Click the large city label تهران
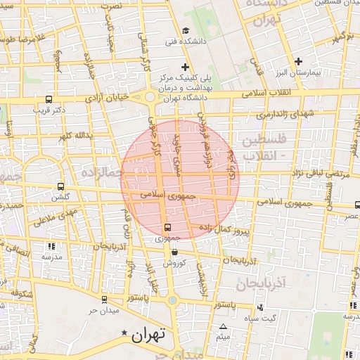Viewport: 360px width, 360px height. click(x=148, y=335)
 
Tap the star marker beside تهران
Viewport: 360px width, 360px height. click(x=124, y=333)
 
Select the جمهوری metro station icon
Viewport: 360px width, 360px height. click(x=167, y=227)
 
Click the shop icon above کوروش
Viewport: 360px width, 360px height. click(x=174, y=252)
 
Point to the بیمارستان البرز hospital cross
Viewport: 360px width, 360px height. click(x=299, y=60)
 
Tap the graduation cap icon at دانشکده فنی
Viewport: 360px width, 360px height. click(x=185, y=30)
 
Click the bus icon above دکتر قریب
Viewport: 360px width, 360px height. click(x=48, y=99)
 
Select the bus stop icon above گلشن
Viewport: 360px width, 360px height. click(x=60, y=187)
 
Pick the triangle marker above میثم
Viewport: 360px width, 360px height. click(x=224, y=327)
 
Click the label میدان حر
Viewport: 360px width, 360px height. click(x=101, y=310)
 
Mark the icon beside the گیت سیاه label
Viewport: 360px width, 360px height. click(x=262, y=307)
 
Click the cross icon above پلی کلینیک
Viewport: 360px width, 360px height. click(x=185, y=66)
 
